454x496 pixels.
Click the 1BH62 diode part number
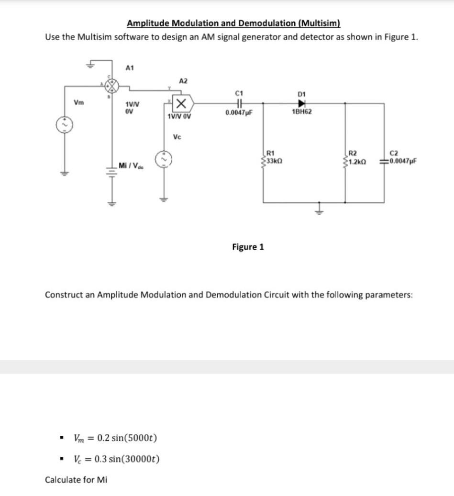[302, 111]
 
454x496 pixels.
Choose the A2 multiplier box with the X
[182, 102]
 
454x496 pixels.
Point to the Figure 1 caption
[248, 247]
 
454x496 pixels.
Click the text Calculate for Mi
[76, 480]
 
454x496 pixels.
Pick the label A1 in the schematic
[129, 68]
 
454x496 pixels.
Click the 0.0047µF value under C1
[239, 113]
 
